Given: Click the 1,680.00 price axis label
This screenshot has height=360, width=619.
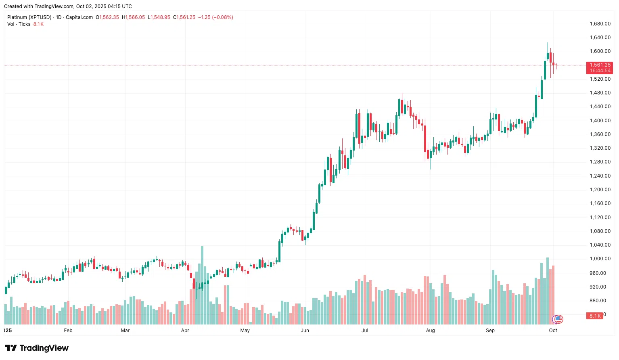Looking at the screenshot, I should click(600, 24).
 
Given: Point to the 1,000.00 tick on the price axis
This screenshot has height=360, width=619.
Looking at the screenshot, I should click(600, 259).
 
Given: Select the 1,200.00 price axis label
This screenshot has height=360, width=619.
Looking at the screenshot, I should click(600, 190).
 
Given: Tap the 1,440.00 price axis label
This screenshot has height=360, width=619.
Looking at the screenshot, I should click(600, 107).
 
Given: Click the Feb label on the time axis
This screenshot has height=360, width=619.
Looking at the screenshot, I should click(68, 331).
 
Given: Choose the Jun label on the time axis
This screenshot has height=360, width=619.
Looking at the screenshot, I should click(305, 331).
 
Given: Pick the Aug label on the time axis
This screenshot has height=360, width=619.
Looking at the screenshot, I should click(431, 331).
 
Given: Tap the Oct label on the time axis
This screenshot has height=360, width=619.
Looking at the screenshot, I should click(553, 331).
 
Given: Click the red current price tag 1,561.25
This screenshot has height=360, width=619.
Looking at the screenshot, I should click(600, 65).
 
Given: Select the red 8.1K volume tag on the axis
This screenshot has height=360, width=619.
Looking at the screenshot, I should click(595, 316).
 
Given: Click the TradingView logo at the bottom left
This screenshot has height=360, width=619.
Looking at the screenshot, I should click(37, 348).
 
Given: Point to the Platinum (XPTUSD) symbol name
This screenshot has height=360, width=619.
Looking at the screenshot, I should click(29, 17).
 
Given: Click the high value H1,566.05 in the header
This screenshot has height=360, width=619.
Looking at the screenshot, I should click(134, 17).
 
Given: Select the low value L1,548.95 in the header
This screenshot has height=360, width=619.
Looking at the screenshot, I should click(159, 17).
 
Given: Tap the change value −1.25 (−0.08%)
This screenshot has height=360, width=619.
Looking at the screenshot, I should click(215, 17).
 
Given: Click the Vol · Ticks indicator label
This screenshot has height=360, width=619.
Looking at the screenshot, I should click(19, 24).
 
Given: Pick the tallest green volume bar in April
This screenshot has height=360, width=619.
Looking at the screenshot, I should click(202, 285).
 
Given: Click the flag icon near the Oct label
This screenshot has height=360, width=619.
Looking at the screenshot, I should click(558, 319).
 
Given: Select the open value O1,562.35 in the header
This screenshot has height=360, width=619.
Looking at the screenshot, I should click(107, 17).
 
